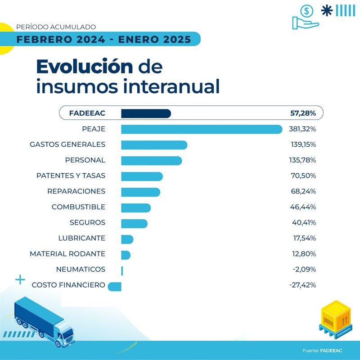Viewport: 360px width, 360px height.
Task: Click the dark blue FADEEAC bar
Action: (146, 113)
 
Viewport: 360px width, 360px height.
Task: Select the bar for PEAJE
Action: (201, 129)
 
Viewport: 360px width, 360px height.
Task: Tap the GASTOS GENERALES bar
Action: (154, 144)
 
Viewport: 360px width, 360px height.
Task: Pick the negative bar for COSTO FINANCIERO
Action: (115, 285)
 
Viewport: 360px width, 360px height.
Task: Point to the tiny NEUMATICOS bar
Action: (122, 270)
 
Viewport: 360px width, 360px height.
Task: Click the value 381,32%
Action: (302, 129)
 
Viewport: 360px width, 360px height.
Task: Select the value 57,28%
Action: (303, 113)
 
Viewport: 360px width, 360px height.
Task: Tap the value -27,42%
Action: (302, 285)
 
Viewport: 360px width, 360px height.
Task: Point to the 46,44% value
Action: (303, 207)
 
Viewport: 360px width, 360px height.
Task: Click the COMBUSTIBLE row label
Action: (78, 207)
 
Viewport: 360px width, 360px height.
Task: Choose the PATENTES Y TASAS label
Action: (71, 175)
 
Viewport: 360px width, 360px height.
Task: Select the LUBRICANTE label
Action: (81, 238)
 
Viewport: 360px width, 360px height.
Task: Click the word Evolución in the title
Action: (85, 67)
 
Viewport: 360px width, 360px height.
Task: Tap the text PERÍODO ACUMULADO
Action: (56, 27)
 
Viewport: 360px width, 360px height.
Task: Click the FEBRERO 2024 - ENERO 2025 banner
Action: (103, 39)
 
